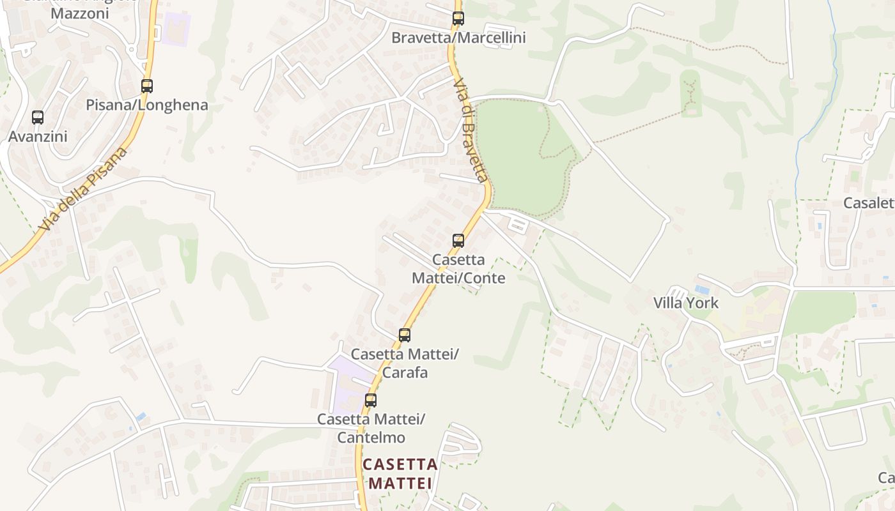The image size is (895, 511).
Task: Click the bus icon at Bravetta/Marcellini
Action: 458,19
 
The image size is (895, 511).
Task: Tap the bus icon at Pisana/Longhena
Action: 147,86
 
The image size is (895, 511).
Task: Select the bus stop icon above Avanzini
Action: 38,118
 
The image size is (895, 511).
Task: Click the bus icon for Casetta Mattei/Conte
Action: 458,241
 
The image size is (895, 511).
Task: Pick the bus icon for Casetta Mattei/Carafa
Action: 405,335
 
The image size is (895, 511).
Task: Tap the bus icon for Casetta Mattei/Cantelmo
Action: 371,401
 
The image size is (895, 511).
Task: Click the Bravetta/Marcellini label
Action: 458,38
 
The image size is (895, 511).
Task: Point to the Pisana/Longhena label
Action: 147,105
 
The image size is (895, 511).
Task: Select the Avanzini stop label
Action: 38,137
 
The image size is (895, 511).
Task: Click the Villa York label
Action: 686,303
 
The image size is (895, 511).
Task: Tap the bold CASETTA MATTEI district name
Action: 400,474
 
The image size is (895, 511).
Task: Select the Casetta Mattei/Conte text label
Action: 458,269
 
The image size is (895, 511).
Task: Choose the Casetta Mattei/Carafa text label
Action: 405,363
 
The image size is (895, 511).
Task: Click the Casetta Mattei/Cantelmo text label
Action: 371,428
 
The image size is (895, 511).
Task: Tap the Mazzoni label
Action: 79,13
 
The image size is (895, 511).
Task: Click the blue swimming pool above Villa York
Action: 702,289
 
